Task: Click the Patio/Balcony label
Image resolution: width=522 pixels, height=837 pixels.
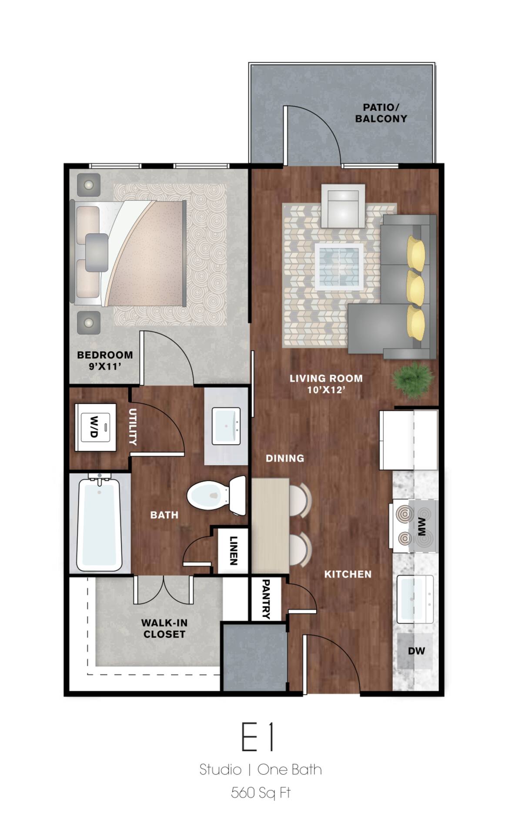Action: pyautogui.click(x=381, y=113)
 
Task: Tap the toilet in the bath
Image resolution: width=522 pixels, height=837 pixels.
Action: pyautogui.click(x=216, y=496)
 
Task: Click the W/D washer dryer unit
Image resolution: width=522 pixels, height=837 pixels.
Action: pyautogui.click(x=95, y=427)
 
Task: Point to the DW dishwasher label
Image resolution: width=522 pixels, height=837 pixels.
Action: pyautogui.click(x=416, y=651)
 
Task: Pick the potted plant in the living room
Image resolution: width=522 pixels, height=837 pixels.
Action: pyautogui.click(x=413, y=380)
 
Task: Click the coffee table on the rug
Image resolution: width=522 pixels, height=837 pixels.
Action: pyautogui.click(x=339, y=267)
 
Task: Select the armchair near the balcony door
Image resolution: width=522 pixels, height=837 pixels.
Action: pyautogui.click(x=343, y=206)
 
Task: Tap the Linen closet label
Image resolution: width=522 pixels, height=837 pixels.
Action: pyautogui.click(x=234, y=550)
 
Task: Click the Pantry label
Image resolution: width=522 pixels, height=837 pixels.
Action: pyautogui.click(x=266, y=599)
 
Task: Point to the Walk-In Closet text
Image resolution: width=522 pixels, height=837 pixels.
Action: pyautogui.click(x=164, y=629)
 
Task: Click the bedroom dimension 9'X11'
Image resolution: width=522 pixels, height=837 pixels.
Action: pyautogui.click(x=105, y=366)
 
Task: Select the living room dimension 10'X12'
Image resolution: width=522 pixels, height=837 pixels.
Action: pyautogui.click(x=326, y=390)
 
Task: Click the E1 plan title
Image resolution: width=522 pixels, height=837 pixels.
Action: pyautogui.click(x=258, y=737)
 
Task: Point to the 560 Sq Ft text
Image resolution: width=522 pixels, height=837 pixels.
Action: pyautogui.click(x=261, y=793)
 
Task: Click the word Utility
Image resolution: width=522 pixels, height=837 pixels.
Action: pyautogui.click(x=133, y=427)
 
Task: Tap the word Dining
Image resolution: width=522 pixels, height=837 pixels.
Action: pyautogui.click(x=284, y=458)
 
